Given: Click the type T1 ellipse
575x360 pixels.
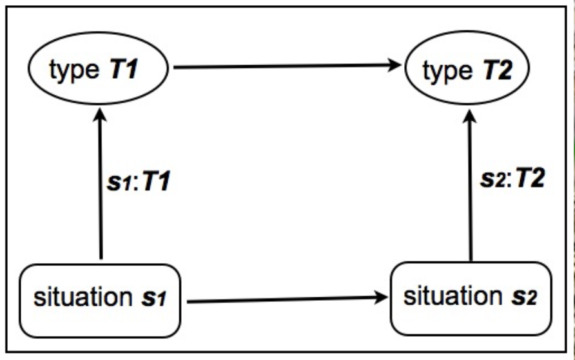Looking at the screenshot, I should tap(98, 69).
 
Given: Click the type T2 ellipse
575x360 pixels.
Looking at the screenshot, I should tap(467, 69).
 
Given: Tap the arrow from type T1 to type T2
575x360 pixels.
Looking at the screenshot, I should tap(284, 66).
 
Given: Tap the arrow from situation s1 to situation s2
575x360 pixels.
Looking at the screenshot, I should tap(284, 299).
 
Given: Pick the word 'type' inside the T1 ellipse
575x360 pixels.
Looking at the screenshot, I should tap(72, 70).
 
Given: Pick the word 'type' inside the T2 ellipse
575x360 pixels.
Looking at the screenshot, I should tap(445, 70).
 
